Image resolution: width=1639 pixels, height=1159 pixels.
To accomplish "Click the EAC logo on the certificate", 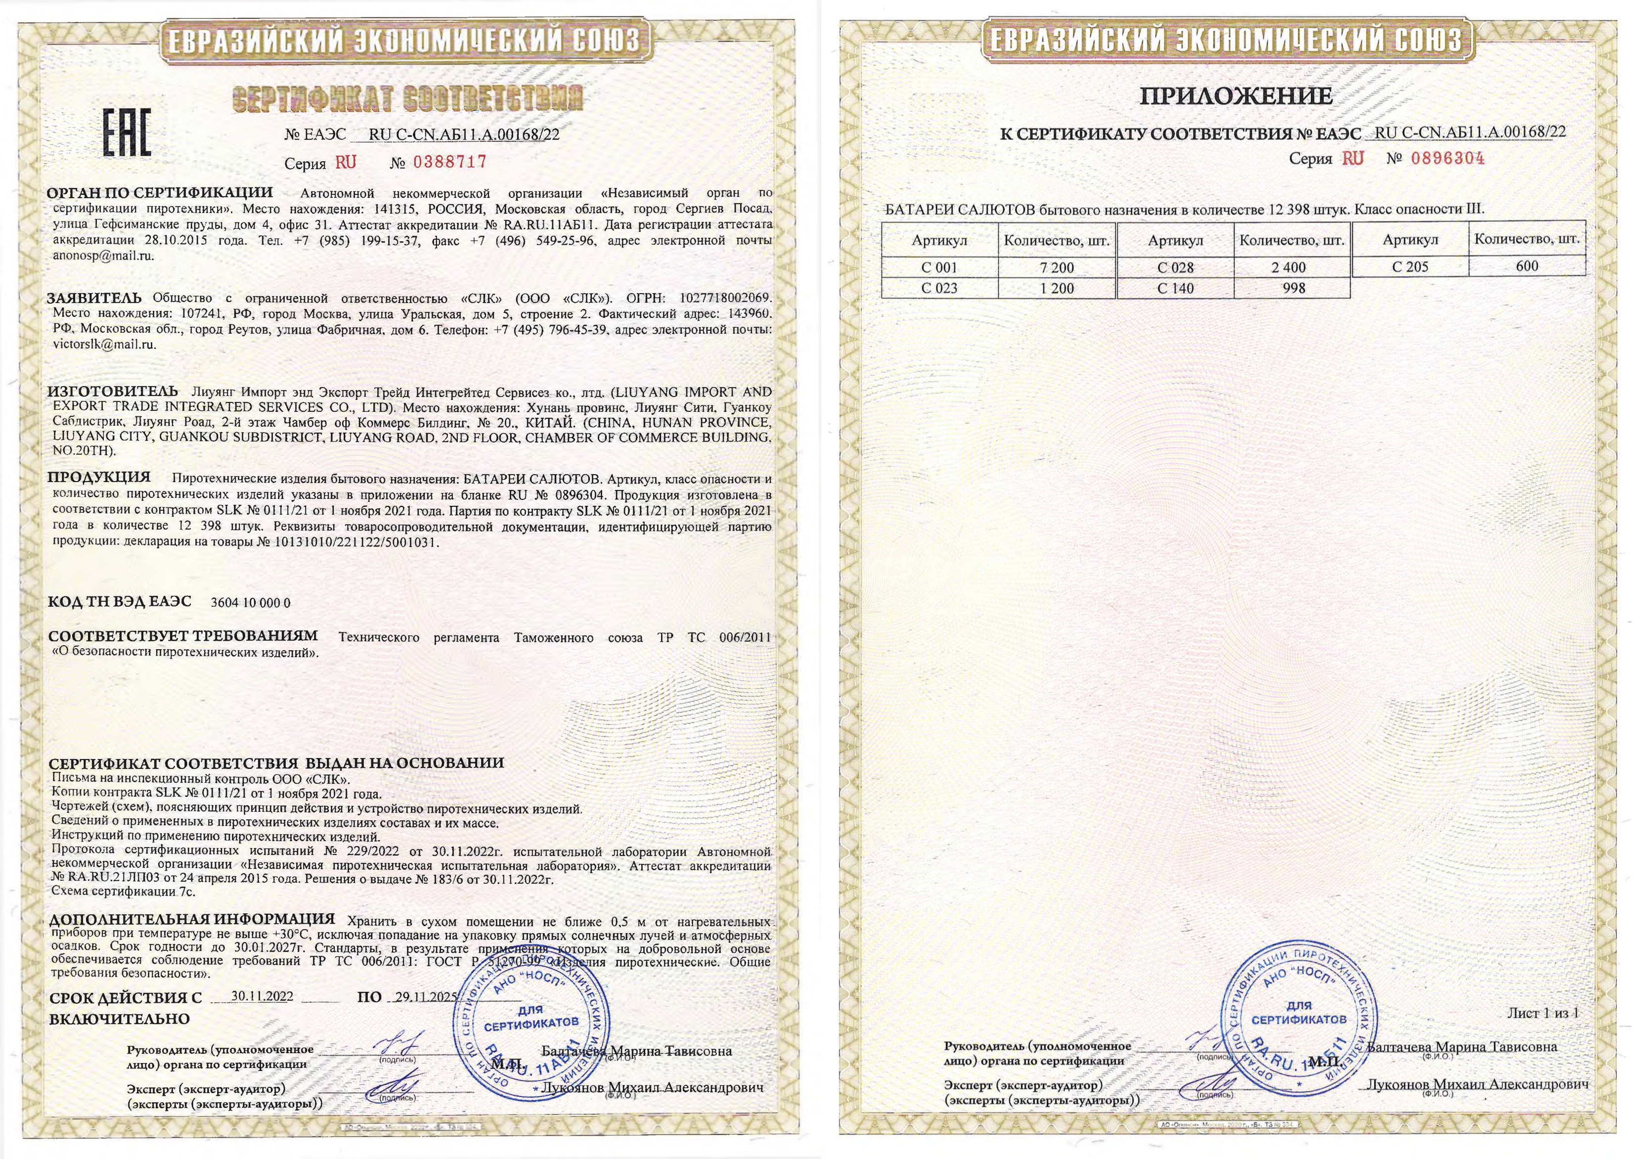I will (x=128, y=134).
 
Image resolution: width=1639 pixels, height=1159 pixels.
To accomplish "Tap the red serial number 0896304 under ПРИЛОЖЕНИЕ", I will (x=1448, y=159).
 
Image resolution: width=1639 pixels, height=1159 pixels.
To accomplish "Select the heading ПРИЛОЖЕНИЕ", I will (x=1236, y=96).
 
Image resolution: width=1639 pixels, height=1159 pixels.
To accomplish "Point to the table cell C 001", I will (x=939, y=268).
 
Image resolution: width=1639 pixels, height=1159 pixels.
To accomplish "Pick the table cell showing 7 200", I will (x=1057, y=268).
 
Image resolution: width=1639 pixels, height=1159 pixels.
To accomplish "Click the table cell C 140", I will (x=1175, y=288).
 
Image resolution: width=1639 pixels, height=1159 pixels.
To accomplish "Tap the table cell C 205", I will (x=1410, y=267).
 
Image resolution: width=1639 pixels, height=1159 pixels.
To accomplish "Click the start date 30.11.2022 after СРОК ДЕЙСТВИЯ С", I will (x=262, y=997).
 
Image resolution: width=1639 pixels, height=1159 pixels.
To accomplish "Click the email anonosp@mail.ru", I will (x=103, y=256).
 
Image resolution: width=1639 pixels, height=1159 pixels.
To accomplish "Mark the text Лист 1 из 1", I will (x=1543, y=1013).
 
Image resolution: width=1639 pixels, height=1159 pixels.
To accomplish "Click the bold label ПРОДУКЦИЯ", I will (x=99, y=477).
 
